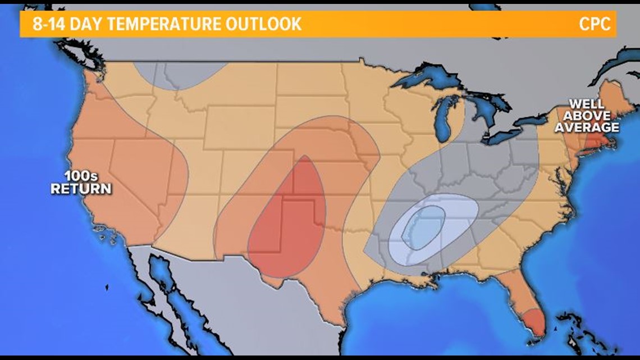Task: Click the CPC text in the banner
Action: point(595,24)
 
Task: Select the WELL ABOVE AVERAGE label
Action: point(587,116)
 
